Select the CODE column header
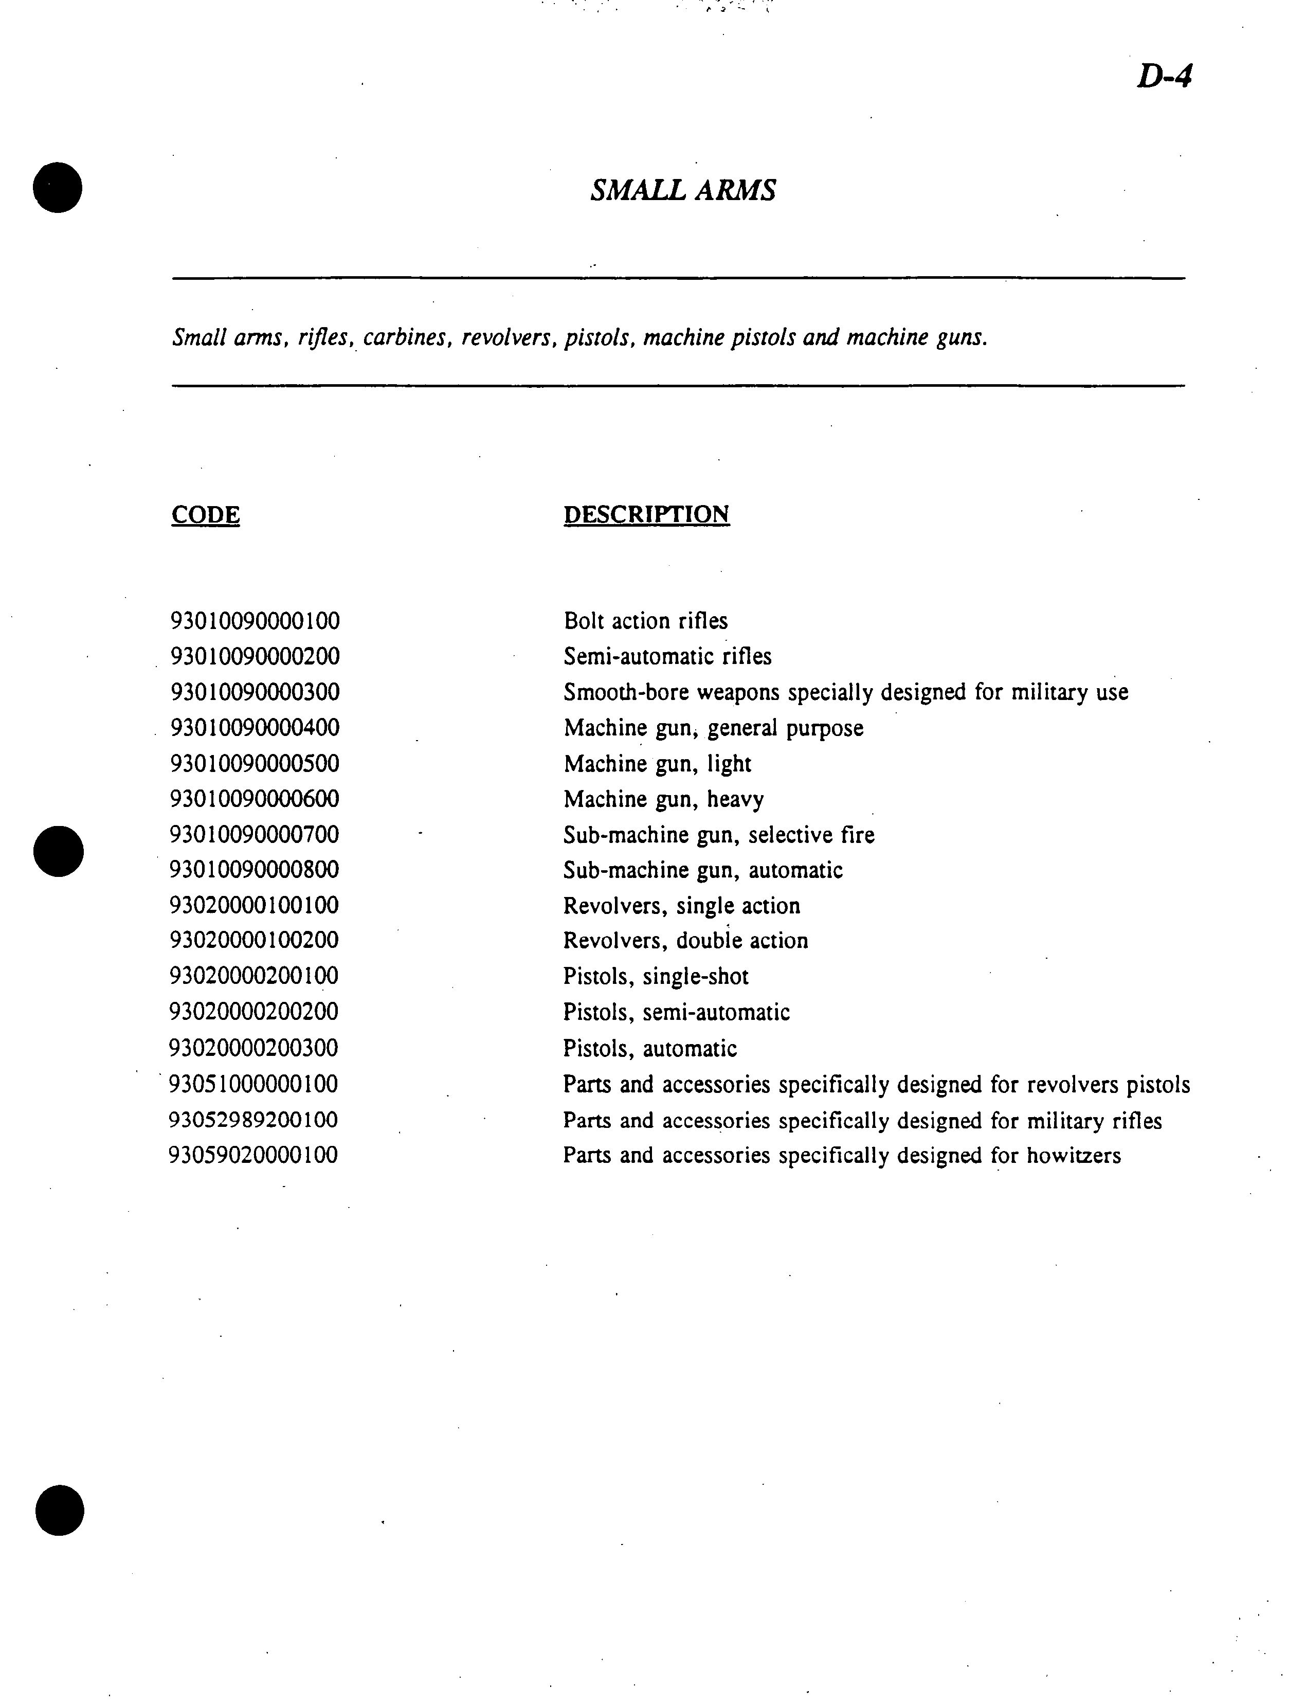[x=205, y=514]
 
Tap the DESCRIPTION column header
[x=646, y=514]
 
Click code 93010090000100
[x=255, y=621]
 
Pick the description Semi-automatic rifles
[x=667, y=656]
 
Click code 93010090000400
[x=255, y=728]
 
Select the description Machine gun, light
[x=657, y=764]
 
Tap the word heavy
[x=735, y=799]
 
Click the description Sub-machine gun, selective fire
[x=718, y=835]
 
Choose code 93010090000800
[x=255, y=870]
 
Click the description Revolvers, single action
[x=681, y=906]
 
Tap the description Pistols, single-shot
[x=656, y=977]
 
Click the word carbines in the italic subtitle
[x=406, y=338]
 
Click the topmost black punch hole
[x=58, y=187]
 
